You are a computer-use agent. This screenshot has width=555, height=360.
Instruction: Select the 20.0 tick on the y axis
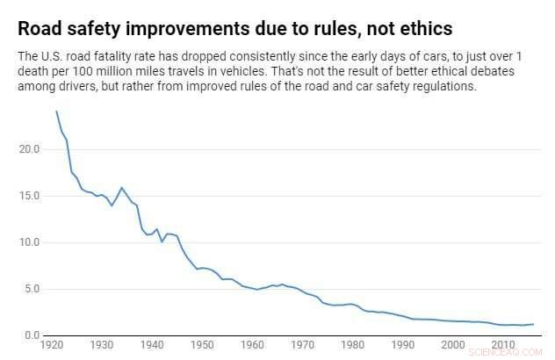(x=30, y=148)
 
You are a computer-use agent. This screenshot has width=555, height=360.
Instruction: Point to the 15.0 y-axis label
(x=30, y=195)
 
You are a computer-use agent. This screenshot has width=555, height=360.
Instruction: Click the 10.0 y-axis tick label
(x=30, y=241)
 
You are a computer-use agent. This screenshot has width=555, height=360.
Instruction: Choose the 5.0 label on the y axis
(x=32, y=288)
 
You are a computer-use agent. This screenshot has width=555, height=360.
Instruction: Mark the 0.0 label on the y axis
(x=32, y=335)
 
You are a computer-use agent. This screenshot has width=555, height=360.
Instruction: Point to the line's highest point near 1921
(x=57, y=112)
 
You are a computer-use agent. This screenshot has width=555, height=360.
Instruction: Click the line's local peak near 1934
(x=122, y=188)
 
